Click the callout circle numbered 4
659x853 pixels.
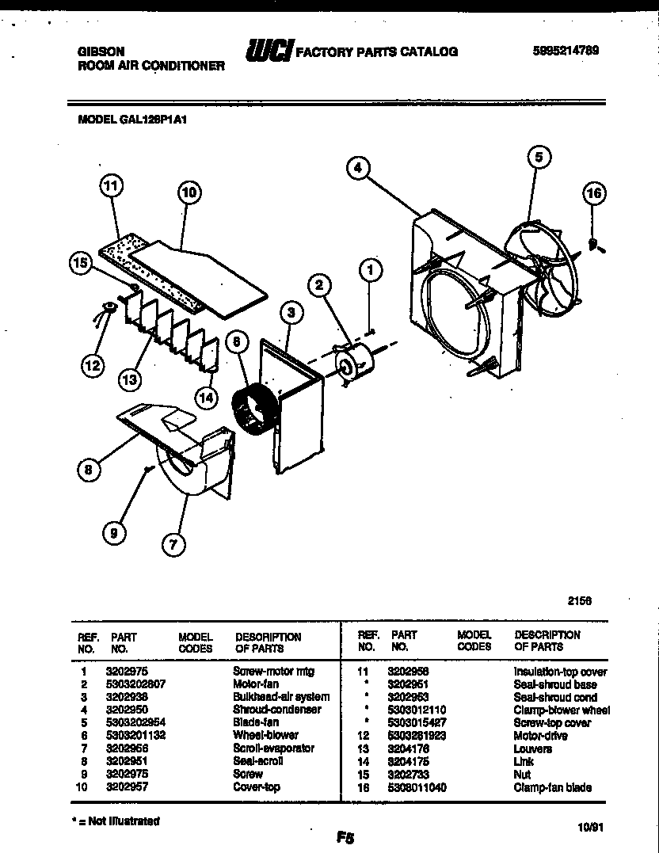[x=359, y=168]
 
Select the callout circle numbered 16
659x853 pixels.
[x=594, y=192]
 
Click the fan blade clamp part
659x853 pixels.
[x=594, y=245]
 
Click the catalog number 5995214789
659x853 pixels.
[x=565, y=50]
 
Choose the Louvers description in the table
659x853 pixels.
[x=532, y=748]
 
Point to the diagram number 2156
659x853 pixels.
[x=580, y=601]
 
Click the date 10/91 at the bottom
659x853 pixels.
[x=591, y=827]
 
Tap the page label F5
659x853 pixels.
[x=344, y=838]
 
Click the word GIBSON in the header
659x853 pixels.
[x=100, y=50]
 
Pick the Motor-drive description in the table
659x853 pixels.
[x=540, y=735]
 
